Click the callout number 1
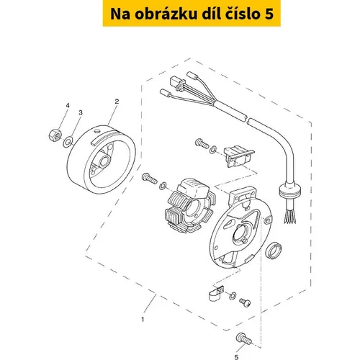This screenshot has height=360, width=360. tap(143, 320)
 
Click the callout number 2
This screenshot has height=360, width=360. tap(117, 102)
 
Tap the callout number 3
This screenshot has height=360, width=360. tap(81, 112)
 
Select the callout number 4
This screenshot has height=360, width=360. tap(68, 106)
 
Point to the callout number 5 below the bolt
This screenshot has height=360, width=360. tap(236, 357)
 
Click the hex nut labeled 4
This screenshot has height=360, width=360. tap(55, 135)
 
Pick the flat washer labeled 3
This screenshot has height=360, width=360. tap(68, 142)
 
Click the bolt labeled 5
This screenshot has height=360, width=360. tap(244, 339)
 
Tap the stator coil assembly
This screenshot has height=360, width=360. tap(190, 205)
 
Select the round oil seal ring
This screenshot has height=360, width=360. tap(274, 251)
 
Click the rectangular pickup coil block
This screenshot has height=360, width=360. tap(238, 156)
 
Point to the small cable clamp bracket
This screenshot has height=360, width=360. tap(216, 293)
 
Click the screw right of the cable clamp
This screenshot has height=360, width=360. tap(245, 302)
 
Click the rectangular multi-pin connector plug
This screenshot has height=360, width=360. tap(177, 84)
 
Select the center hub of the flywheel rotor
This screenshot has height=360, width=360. tap(105, 160)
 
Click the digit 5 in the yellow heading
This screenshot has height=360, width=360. tap(269, 14)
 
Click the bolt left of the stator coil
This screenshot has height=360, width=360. tap(149, 178)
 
